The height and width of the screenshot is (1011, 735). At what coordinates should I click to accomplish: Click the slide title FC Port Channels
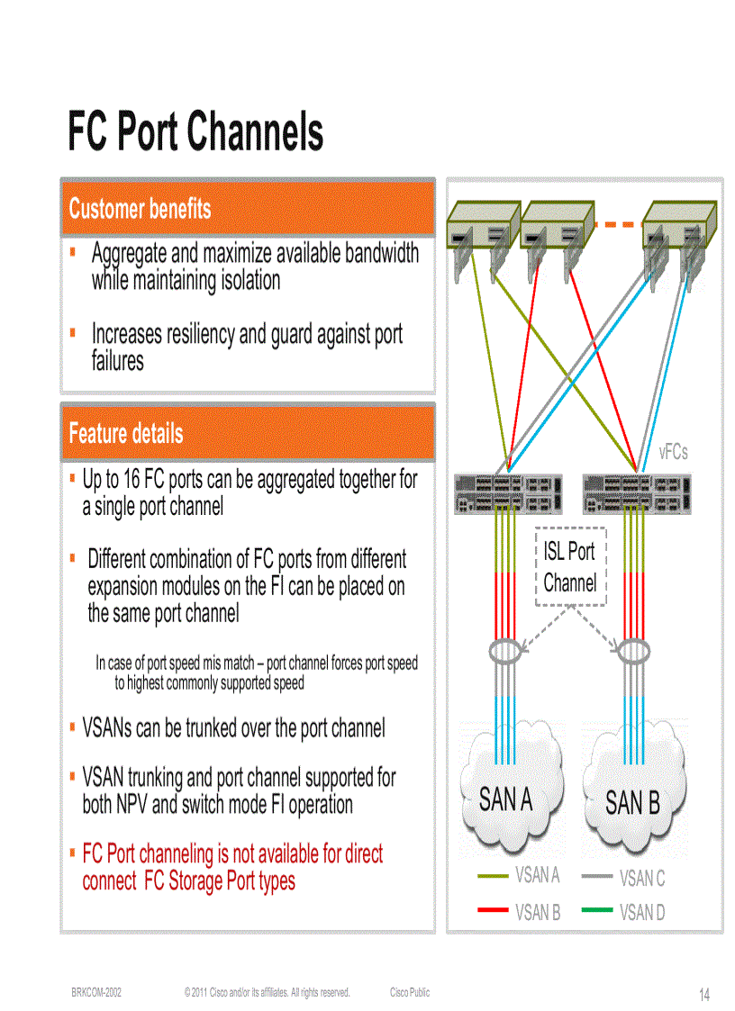[x=195, y=131]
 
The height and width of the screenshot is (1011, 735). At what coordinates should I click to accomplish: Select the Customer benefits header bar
[x=248, y=209]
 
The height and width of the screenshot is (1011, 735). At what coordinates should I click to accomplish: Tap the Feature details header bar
[x=248, y=433]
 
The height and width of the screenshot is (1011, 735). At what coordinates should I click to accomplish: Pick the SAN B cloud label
[x=632, y=802]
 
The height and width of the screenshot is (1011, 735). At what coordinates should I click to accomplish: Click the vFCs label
[x=673, y=452]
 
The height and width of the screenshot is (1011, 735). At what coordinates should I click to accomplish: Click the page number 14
[x=704, y=995]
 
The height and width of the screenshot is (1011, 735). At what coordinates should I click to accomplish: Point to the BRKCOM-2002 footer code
[x=96, y=992]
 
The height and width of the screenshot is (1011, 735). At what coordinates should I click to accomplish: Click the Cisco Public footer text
[x=410, y=992]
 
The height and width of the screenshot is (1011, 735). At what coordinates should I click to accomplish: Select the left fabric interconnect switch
[x=508, y=493]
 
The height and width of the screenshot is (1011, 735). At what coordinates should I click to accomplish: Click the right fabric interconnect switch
[x=638, y=493]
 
